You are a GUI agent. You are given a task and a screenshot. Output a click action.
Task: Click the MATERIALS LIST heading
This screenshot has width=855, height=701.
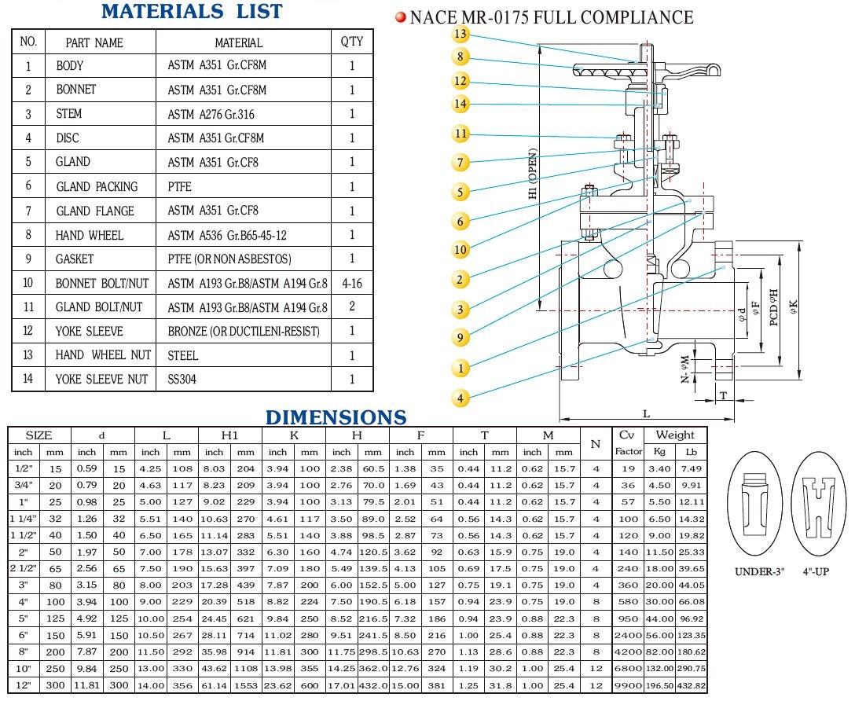coord(192,12)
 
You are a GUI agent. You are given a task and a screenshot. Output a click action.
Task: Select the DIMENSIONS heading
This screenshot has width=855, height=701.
coord(336,417)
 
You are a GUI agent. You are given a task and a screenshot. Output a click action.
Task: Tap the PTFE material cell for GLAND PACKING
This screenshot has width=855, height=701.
coord(180,186)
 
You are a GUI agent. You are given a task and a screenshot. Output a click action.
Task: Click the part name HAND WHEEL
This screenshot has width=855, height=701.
coord(90,235)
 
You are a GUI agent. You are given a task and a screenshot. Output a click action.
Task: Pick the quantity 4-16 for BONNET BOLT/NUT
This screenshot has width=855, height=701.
coord(351,283)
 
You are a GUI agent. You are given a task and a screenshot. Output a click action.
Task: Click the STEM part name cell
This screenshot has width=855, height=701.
coord(69,114)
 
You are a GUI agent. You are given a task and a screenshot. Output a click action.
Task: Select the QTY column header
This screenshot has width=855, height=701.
coord(351,42)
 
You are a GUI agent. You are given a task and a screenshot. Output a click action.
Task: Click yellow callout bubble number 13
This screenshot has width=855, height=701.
coord(461,34)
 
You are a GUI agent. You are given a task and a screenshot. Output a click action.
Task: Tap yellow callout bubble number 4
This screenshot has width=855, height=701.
coord(461,398)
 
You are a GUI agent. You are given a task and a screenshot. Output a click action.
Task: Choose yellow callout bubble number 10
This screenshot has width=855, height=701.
coord(461,250)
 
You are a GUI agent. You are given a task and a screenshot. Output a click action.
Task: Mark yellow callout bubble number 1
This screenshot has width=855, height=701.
coord(461,367)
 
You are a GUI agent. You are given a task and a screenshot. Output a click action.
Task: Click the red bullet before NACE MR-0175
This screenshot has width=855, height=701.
coord(400,17)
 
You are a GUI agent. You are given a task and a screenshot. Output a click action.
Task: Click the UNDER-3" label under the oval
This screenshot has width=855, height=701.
coord(759,571)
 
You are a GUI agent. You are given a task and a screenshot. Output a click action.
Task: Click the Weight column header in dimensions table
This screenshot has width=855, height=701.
coord(675,435)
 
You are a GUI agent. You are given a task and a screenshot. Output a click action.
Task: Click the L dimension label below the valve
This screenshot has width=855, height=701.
coord(646,413)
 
